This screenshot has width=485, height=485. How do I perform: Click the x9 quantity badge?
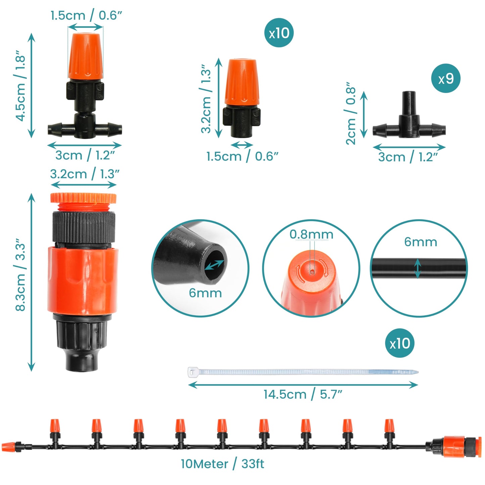[446, 79]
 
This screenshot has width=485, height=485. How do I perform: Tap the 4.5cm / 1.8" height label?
[21, 86]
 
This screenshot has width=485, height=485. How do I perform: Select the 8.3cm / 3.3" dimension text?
[21, 275]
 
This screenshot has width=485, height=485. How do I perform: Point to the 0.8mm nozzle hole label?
[311, 234]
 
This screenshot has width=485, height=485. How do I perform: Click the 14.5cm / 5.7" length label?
[303, 394]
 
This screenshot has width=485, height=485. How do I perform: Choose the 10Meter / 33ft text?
[222, 464]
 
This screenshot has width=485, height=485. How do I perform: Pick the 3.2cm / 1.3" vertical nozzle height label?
[206, 99]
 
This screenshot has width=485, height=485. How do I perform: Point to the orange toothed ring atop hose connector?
[83, 198]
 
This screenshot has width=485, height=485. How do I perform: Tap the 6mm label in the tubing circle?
[421, 242]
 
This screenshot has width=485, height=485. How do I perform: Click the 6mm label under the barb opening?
[205, 293]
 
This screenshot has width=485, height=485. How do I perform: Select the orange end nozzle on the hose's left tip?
[8, 447]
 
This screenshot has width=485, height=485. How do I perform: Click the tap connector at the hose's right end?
[455, 446]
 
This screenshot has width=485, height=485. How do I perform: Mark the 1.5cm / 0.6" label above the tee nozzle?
[86, 15]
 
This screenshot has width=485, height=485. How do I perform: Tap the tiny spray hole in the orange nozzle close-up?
[312, 272]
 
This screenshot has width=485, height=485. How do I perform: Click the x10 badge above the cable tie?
[399, 343]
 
